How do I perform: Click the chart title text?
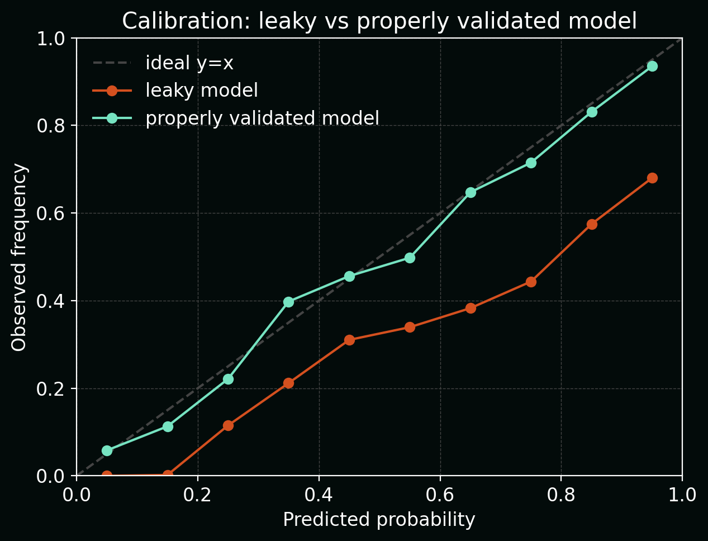(x=379, y=21)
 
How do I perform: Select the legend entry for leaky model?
(x=201, y=91)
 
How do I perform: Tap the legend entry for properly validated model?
(x=262, y=118)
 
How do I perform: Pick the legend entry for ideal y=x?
(x=189, y=63)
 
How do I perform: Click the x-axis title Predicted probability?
(x=379, y=520)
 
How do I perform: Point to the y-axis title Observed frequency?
(x=19, y=257)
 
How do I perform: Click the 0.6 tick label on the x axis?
(x=440, y=495)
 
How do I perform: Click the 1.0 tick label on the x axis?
(x=682, y=495)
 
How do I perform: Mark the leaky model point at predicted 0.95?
(x=652, y=178)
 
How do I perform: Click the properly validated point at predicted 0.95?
(x=652, y=66)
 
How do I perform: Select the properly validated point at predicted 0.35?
(x=288, y=302)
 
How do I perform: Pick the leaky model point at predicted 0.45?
(x=349, y=340)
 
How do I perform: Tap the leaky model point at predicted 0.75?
(x=531, y=282)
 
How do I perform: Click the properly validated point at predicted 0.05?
(x=107, y=450)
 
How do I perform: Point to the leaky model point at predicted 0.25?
(x=228, y=425)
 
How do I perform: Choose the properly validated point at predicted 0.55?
(x=410, y=258)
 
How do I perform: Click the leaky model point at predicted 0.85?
(x=592, y=224)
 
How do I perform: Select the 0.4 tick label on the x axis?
(x=319, y=495)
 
